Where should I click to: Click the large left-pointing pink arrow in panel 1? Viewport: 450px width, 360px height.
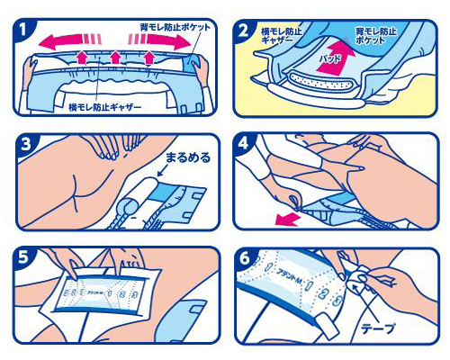pyautogui.click(x=67, y=40)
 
